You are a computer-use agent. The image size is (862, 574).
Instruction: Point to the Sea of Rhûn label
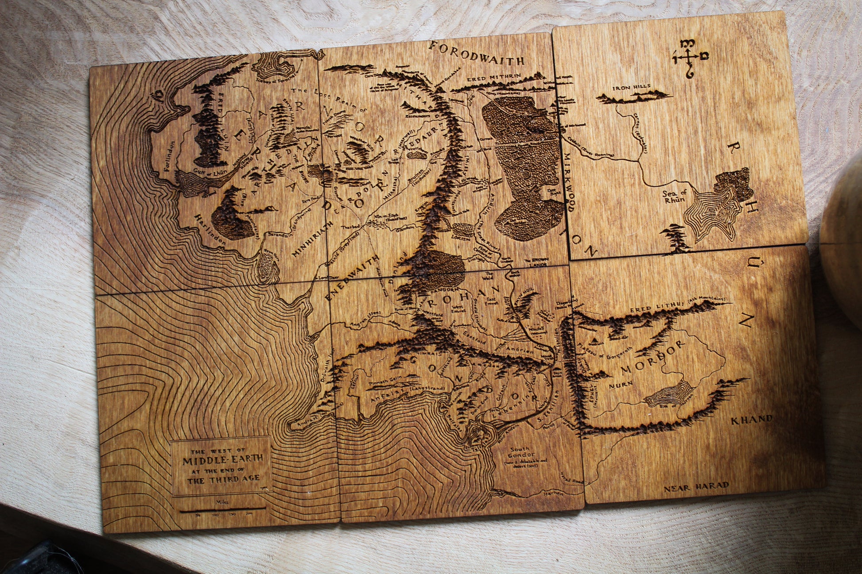(674, 196)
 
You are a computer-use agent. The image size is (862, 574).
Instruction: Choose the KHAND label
(751, 419)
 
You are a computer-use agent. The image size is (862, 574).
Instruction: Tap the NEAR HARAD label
(696, 487)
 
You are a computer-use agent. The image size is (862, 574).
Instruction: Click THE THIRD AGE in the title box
(223, 479)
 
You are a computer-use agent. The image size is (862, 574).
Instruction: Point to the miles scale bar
(223, 509)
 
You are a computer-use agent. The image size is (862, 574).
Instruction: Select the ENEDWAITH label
(352, 277)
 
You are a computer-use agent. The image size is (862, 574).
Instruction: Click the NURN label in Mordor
(620, 385)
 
